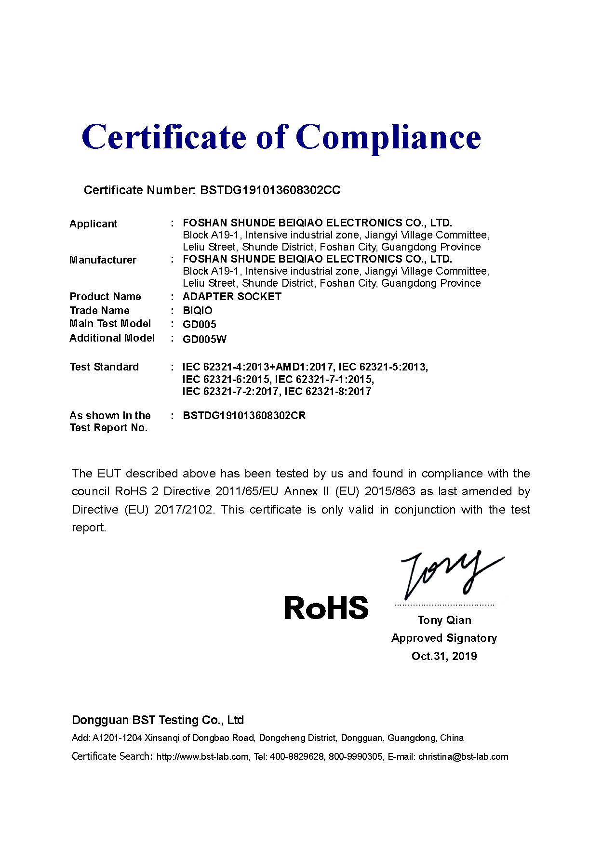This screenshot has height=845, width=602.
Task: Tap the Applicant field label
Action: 93,224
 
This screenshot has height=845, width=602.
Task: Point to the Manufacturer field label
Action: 103,260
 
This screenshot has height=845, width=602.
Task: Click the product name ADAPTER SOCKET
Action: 232,297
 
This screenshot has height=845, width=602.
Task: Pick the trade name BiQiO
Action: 197,311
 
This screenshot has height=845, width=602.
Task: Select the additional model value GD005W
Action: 204,339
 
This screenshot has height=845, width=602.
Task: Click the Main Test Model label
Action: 110,324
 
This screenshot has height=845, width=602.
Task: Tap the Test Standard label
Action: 104,367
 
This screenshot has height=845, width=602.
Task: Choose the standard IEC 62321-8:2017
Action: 328,392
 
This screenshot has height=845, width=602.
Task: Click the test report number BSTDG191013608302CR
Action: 244,416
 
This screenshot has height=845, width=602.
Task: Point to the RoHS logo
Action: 326,607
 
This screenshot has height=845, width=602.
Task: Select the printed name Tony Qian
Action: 444,621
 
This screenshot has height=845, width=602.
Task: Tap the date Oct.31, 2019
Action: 444,656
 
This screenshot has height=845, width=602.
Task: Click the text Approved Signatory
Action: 444,638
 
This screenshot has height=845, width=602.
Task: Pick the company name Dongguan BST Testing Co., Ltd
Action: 158,720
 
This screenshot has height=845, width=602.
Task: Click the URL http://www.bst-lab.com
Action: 202,757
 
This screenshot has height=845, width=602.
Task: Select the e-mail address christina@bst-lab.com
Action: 463,757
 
